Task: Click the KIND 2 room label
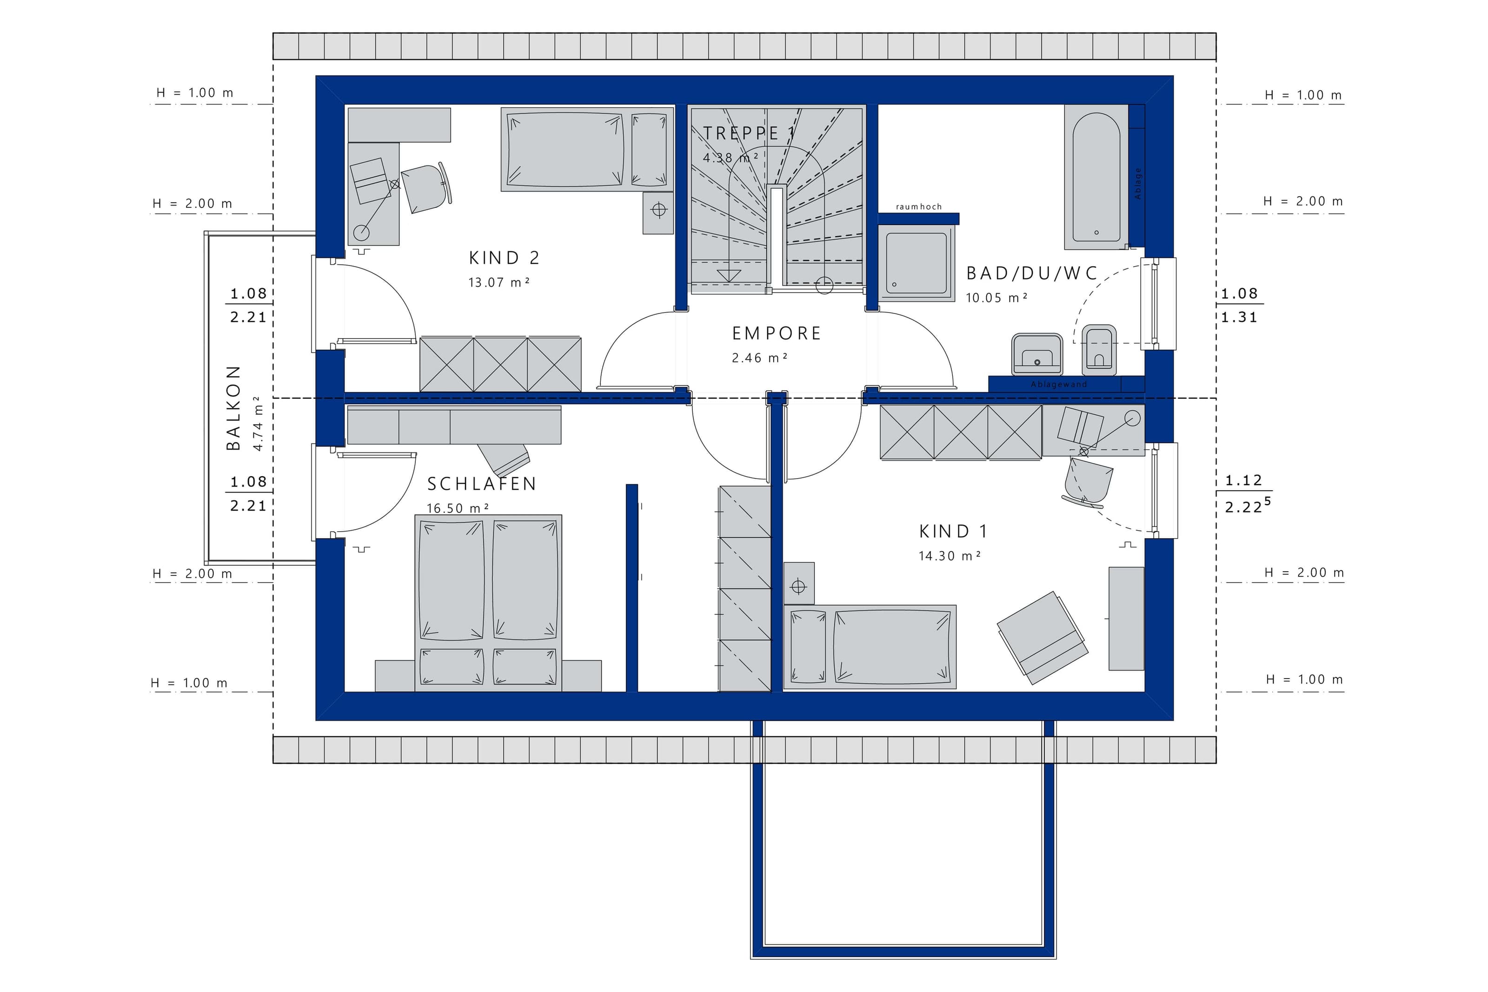click(x=504, y=258)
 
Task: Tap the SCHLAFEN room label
click(x=482, y=484)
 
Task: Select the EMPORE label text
click(x=777, y=333)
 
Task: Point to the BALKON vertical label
click(x=234, y=408)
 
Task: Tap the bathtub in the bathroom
click(x=1096, y=177)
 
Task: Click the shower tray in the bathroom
click(x=917, y=264)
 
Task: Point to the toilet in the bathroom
click(x=1100, y=350)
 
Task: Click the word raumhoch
click(x=919, y=207)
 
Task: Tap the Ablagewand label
click(x=1059, y=384)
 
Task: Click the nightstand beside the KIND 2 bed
click(x=658, y=213)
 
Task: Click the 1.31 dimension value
click(x=1239, y=318)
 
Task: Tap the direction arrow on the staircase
click(x=729, y=276)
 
